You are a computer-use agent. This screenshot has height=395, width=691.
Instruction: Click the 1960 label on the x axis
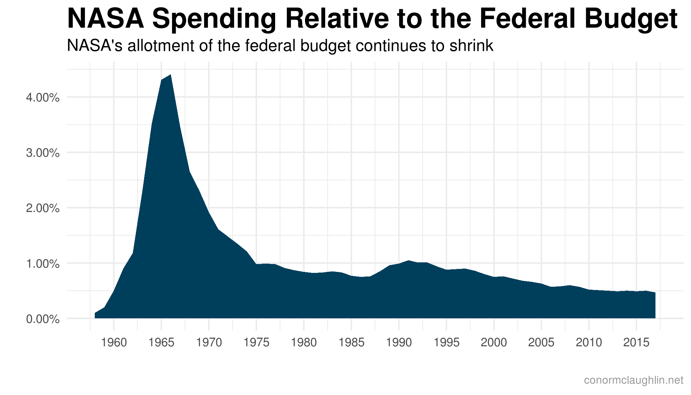(114, 343)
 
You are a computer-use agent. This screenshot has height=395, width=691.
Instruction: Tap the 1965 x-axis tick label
(161, 343)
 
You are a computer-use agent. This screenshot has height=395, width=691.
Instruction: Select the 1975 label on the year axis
(256, 343)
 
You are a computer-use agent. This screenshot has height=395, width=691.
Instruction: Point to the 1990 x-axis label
(399, 343)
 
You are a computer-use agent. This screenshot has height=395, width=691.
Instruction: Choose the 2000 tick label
(494, 343)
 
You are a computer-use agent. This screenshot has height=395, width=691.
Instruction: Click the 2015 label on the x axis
(636, 343)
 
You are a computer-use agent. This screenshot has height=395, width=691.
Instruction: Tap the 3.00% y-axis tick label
(43, 153)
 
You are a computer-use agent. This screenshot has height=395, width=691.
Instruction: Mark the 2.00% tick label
(43, 208)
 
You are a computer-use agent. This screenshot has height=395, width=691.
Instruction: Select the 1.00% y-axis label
(43, 264)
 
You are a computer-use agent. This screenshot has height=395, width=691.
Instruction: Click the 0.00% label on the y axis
(43, 319)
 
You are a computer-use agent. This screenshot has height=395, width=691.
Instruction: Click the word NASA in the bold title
(106, 19)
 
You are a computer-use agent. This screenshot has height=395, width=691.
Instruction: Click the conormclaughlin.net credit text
(633, 381)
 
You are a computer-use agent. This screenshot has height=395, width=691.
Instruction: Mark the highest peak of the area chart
(170, 75)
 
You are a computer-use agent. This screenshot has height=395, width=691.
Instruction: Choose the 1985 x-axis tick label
(351, 343)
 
